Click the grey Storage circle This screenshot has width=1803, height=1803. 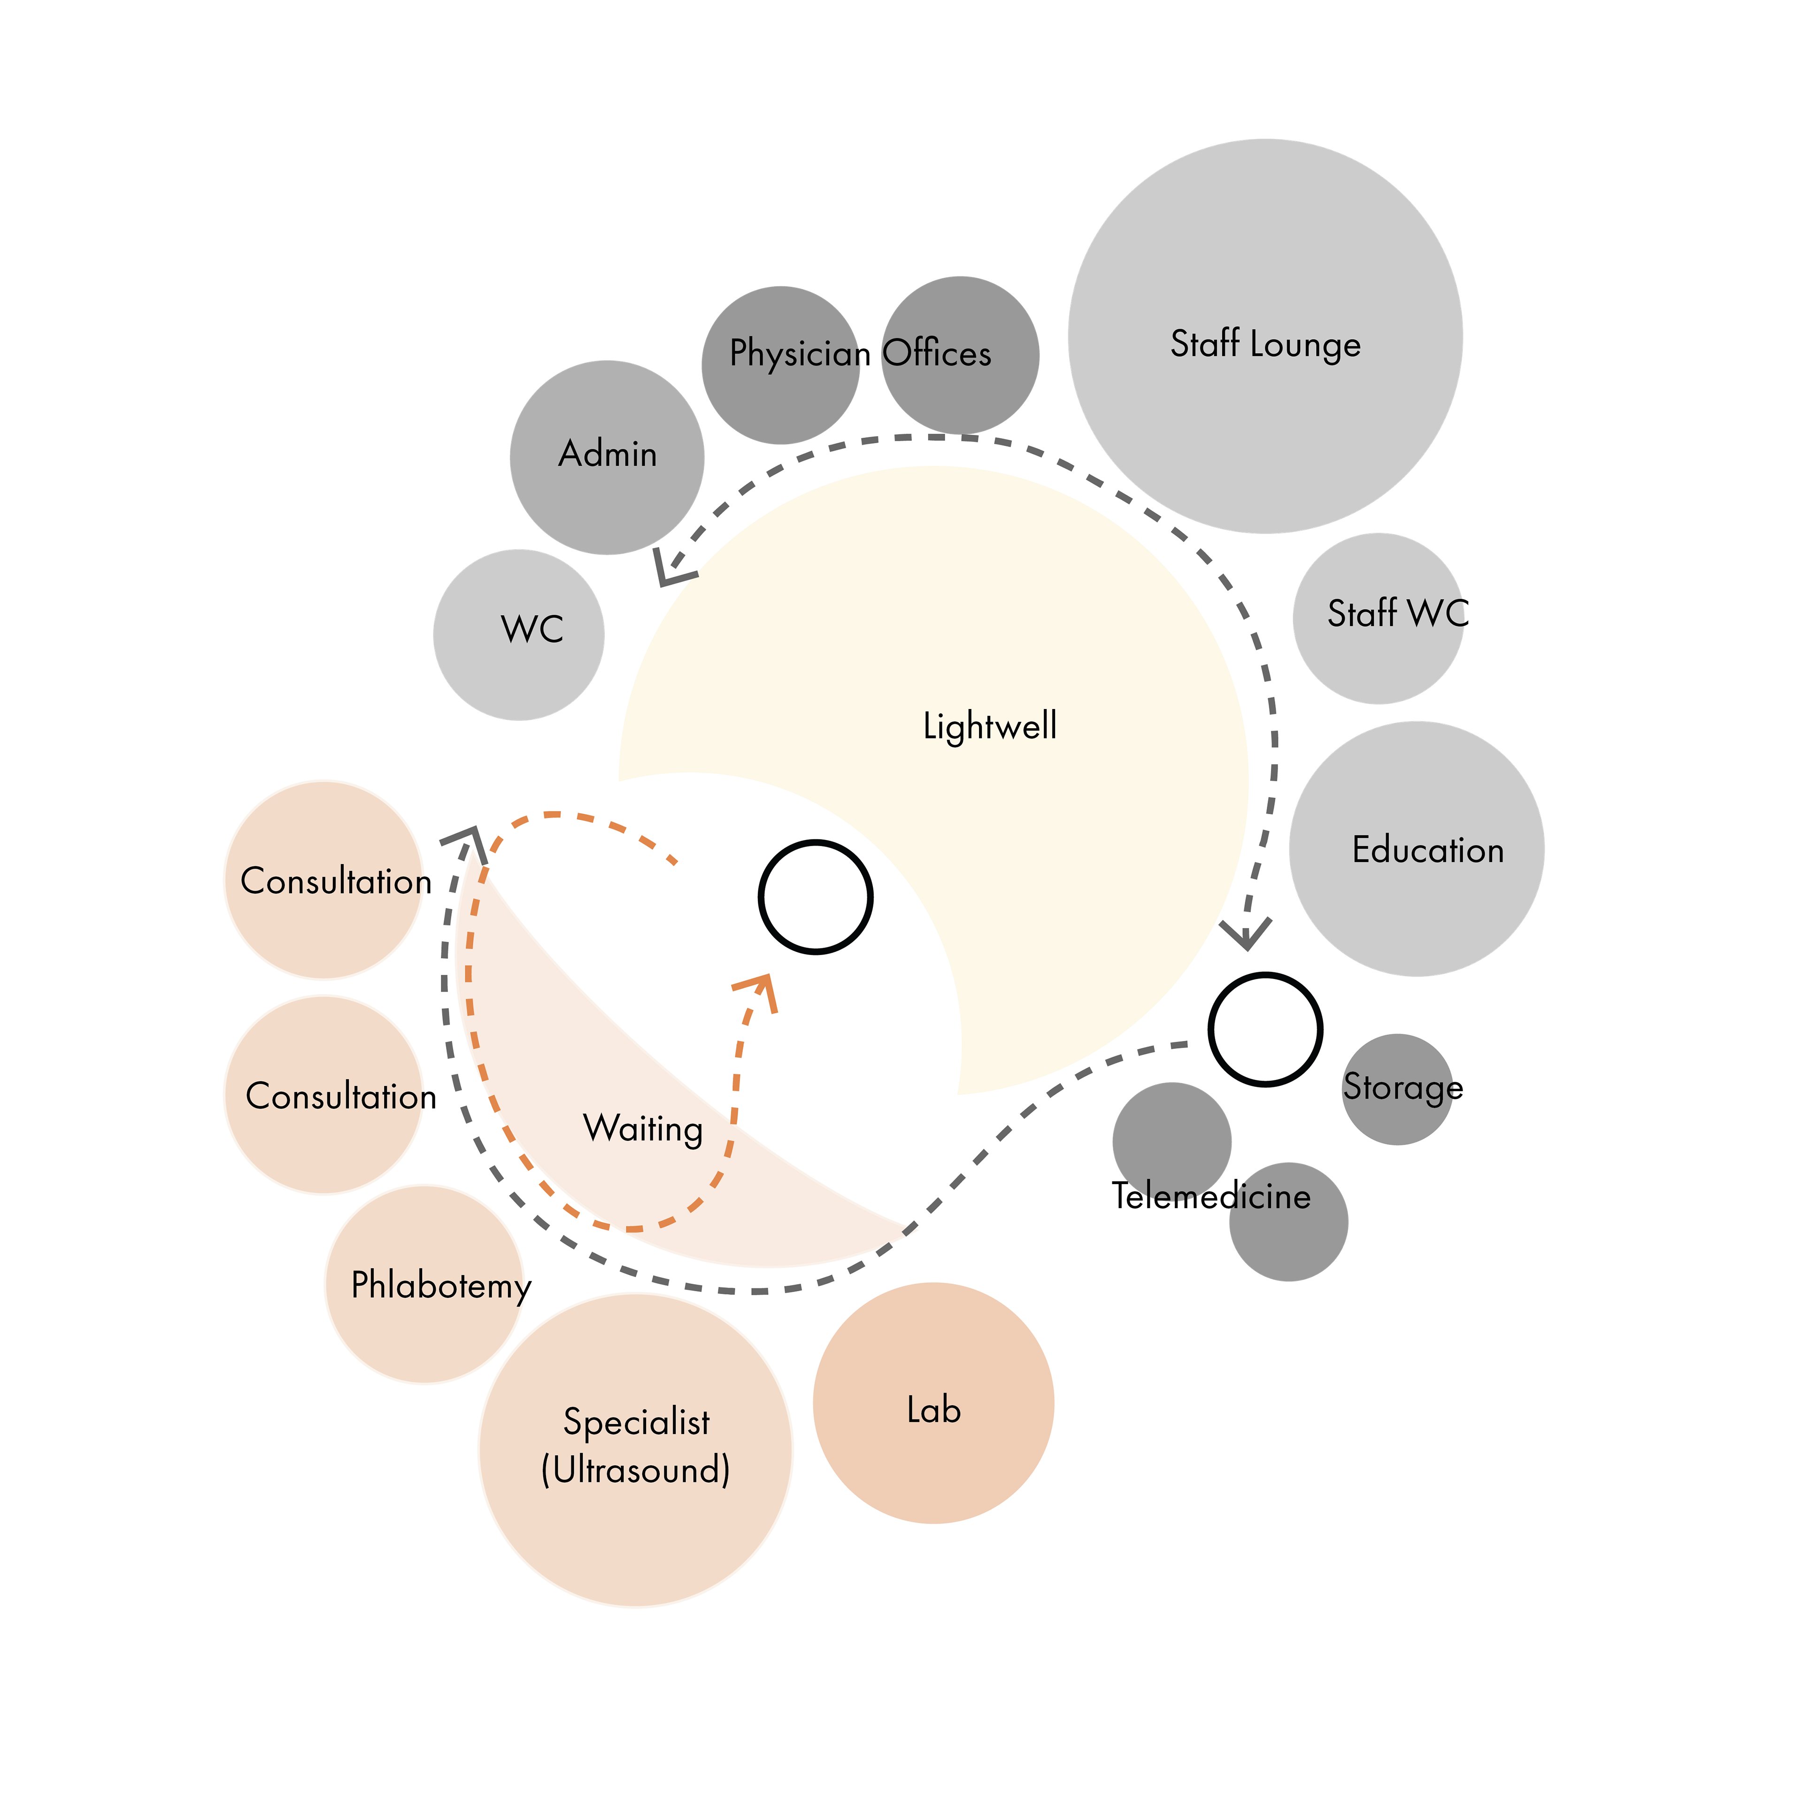tap(1397, 1089)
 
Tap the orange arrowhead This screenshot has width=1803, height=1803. tap(758, 989)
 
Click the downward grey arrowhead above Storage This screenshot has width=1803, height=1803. tap(1247, 933)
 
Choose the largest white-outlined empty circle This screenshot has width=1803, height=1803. tap(1265, 336)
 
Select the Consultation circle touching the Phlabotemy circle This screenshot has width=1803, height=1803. tap(324, 1094)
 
